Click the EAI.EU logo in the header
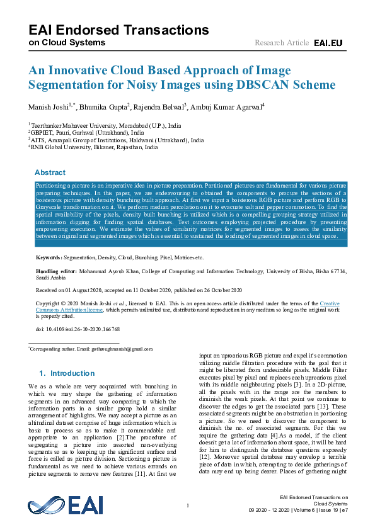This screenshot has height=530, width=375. click(x=328, y=43)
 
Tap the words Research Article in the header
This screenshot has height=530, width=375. click(x=282, y=43)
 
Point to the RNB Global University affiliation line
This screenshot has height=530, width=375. click(x=95, y=148)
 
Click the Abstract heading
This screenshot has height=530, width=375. click(x=50, y=172)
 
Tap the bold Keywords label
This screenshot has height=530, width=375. click(x=49, y=258)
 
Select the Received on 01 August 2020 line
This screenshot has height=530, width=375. click(x=139, y=290)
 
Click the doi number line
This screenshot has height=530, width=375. click(x=78, y=329)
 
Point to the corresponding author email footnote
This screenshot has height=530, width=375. click(x=91, y=349)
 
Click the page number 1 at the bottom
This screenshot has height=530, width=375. click(x=188, y=505)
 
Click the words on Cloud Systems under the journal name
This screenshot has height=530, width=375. click(x=67, y=43)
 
